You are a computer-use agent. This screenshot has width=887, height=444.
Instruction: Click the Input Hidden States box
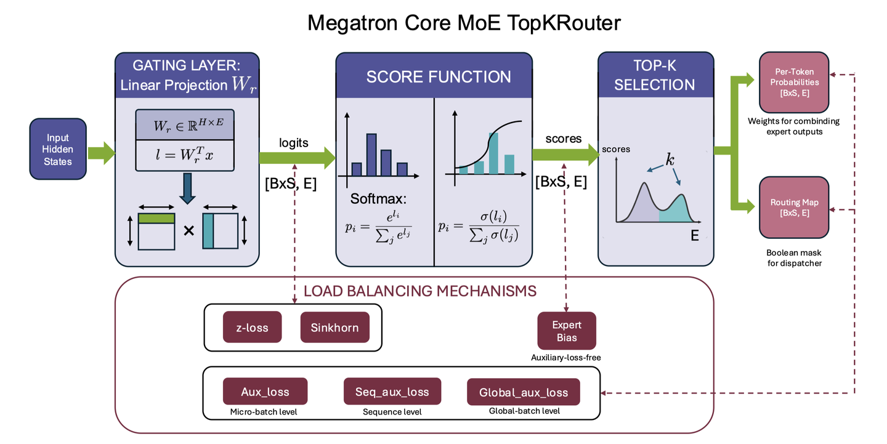click(x=58, y=149)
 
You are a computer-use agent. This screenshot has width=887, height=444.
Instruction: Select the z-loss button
click(x=253, y=327)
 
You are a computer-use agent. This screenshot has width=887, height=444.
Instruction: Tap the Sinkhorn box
click(x=334, y=327)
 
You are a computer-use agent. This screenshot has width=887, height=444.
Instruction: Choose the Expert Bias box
click(x=567, y=331)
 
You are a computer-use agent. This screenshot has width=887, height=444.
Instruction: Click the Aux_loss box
click(x=265, y=392)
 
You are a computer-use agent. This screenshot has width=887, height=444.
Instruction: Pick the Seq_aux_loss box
click(x=392, y=392)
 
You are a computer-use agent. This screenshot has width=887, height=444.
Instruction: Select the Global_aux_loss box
click(x=524, y=392)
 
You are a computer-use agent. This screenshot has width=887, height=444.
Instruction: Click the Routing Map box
click(x=794, y=208)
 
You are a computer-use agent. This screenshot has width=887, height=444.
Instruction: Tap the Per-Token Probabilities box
click(x=794, y=83)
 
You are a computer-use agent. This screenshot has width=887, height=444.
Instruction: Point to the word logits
click(x=293, y=142)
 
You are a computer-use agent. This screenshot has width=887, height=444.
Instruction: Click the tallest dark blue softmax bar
click(x=371, y=155)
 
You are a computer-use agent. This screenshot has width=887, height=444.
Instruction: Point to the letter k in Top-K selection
click(x=670, y=160)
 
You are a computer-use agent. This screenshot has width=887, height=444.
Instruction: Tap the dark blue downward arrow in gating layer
click(x=187, y=188)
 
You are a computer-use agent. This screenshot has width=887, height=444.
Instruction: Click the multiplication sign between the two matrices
click(x=189, y=230)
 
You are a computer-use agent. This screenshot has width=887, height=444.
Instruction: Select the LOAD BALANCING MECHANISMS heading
click(x=419, y=291)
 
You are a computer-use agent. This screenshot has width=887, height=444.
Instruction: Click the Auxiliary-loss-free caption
click(x=566, y=358)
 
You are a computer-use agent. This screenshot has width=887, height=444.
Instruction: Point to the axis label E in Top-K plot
click(x=695, y=236)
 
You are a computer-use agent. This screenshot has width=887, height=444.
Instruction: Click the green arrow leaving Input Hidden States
click(x=102, y=153)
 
